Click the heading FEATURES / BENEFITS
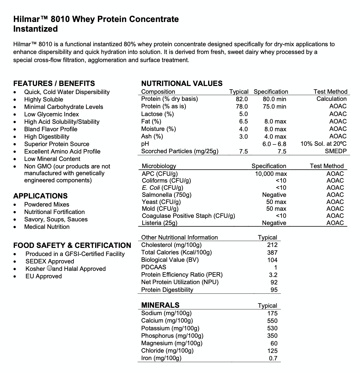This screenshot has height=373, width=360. tap(54, 83)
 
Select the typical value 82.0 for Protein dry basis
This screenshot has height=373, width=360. tap(242, 99)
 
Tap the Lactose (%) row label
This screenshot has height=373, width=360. tap(157, 114)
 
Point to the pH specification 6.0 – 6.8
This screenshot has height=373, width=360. tap(274, 144)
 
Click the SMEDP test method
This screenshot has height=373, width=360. tap(335, 151)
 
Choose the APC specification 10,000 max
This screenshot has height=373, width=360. tap(271, 174)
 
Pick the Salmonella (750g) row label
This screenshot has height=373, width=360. tap(166, 195)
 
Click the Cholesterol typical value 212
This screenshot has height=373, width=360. tap(272, 245)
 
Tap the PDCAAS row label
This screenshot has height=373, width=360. tap(154, 267)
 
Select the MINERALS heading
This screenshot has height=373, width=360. tap(160, 305)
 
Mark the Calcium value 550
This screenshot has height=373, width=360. tap(272, 321)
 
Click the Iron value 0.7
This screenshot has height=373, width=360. tap(273, 358)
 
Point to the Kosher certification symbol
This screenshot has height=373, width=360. tap(49, 268)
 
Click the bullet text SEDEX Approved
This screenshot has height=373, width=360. tap(50, 261)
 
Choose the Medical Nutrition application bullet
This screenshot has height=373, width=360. tap(47, 227)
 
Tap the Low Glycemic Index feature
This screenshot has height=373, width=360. tap(51, 114)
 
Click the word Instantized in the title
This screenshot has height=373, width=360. tap(36, 29)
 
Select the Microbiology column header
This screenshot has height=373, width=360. tap(159, 166)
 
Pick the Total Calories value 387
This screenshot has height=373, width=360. tap(272, 252)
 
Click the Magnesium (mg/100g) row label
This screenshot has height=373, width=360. tap(172, 343)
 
